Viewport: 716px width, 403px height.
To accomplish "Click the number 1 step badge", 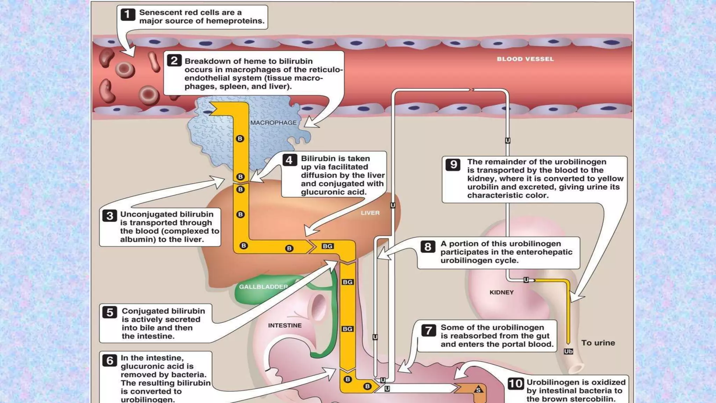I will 128,14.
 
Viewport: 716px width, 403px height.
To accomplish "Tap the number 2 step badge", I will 174,61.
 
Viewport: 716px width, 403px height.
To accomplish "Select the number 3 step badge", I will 110,215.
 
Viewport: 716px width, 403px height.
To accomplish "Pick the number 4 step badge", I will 289,160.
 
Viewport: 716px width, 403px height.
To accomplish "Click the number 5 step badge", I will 110,312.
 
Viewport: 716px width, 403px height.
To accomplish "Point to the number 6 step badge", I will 110,360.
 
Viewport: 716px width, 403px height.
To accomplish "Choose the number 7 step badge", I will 429,330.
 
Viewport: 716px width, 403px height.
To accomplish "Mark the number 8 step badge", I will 428,247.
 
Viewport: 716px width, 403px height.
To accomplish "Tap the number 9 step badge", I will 453,164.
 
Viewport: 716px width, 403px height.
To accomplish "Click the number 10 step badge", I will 516,384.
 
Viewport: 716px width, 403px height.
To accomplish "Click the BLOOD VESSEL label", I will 525,59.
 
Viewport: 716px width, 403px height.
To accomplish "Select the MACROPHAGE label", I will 273,123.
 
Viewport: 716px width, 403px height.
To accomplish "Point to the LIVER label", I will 370,213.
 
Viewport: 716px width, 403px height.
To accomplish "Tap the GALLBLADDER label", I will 263,287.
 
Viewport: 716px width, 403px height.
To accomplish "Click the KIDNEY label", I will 501,292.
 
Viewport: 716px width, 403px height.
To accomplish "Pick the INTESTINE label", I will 285,325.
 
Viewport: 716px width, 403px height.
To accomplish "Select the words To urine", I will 598,343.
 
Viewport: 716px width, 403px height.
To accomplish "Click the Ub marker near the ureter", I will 568,351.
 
